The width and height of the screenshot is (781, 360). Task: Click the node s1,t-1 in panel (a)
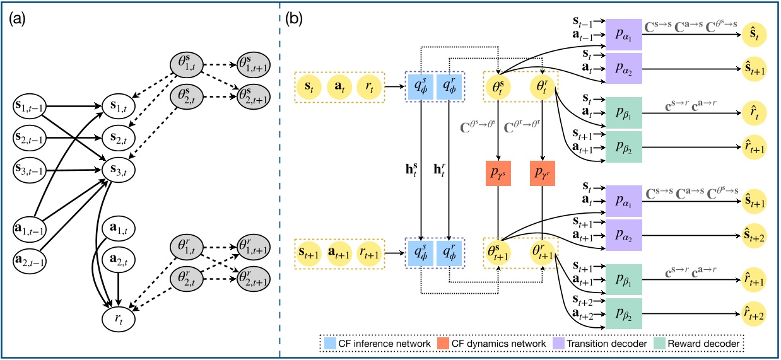(x=32, y=103)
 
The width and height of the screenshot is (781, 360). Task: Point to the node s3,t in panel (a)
(x=120, y=169)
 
